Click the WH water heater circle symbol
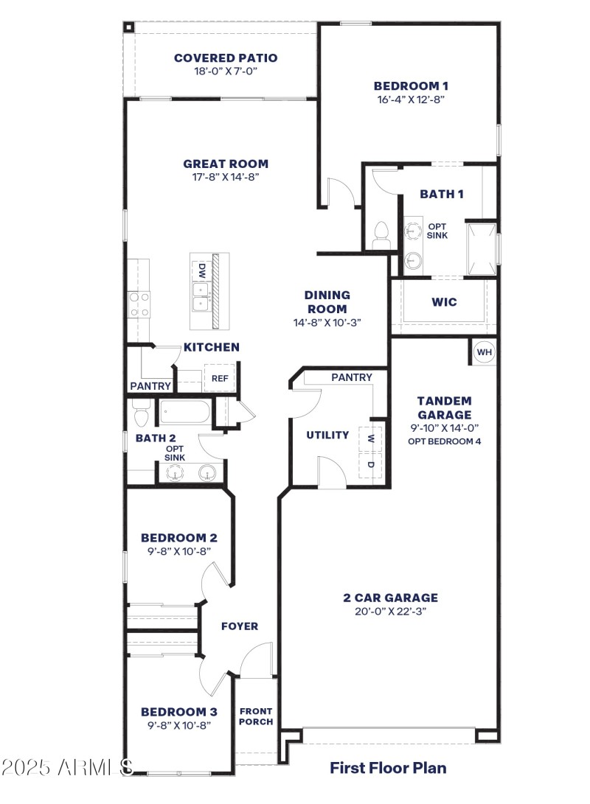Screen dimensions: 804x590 click(x=484, y=352)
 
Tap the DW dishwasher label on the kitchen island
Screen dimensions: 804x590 click(x=201, y=270)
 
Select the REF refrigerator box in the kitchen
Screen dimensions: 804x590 click(x=220, y=378)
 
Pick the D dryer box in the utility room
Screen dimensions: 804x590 click(x=371, y=466)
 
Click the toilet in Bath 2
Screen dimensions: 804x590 click(x=141, y=416)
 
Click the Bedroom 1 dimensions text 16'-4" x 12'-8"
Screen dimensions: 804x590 click(x=410, y=99)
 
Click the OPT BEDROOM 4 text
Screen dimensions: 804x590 click(x=444, y=441)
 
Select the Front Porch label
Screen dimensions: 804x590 click(x=256, y=716)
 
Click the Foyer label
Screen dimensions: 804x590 click(x=240, y=626)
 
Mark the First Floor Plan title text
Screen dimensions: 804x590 click(x=387, y=768)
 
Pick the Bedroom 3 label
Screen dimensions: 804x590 click(x=178, y=712)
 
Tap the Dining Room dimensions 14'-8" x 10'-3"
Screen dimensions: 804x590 click(x=327, y=322)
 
